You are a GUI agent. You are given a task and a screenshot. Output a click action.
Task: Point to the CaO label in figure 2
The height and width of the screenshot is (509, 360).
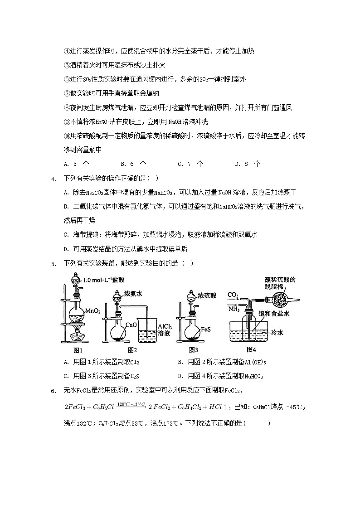coord(131,325)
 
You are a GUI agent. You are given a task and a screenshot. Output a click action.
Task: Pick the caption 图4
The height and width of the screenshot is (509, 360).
coord(251,349)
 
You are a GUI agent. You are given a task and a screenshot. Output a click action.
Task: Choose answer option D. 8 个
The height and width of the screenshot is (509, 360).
coord(248,164)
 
